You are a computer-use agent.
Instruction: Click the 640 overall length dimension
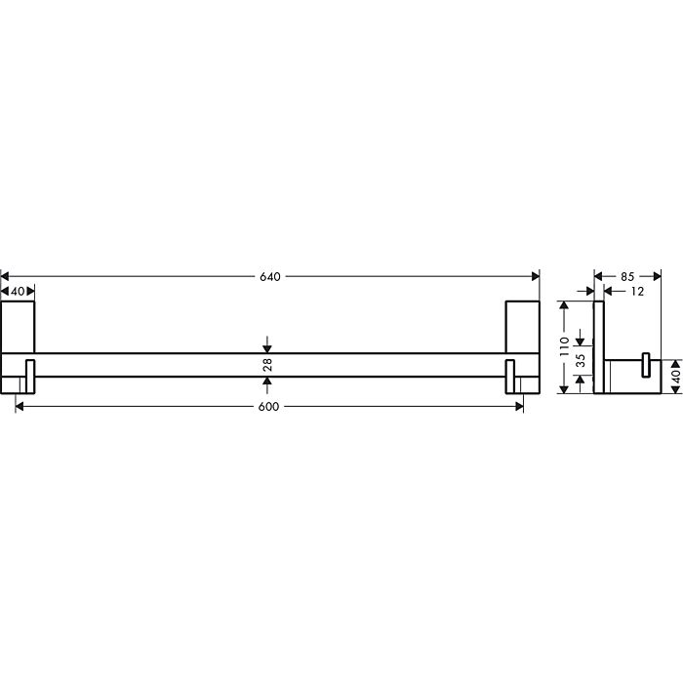coord(270,277)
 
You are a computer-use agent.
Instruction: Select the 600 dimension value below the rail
coord(270,406)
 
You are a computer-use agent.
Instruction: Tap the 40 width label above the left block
coord(18,291)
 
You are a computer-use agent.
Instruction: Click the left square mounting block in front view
coord(18,326)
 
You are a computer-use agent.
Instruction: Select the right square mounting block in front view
coord(522,326)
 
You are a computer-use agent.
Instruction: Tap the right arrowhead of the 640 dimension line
coord(535,277)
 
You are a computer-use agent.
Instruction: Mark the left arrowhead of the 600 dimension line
coord(20,406)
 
